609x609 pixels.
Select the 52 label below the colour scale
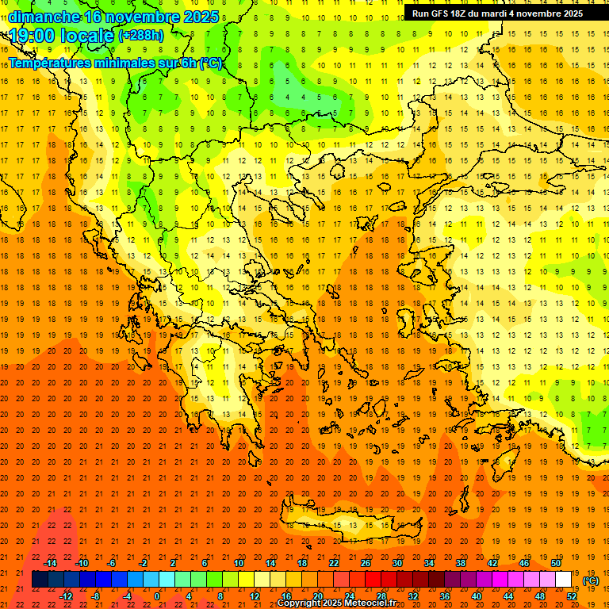(572, 596)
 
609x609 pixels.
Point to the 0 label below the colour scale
(156, 596)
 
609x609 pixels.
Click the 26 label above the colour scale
(366, 563)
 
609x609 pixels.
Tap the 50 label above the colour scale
(556, 563)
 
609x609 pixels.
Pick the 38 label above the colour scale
(461, 563)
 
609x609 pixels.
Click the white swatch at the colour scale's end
(564, 580)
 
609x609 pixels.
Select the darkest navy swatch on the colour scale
(40, 580)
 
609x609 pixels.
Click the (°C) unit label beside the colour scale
(591, 580)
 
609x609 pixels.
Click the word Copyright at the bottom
(299, 603)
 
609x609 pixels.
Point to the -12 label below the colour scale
(66, 596)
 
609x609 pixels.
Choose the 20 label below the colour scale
(318, 596)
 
